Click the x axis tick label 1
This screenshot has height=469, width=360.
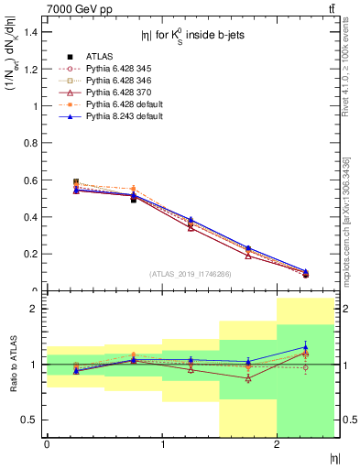(x=162, y=444)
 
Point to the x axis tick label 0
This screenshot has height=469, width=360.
(x=47, y=444)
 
